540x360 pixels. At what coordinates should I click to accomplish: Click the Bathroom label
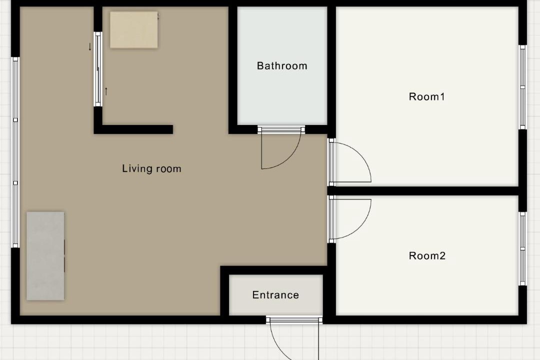click(x=282, y=66)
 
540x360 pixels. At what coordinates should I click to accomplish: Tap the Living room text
click(x=151, y=168)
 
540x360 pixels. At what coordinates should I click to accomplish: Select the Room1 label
click(x=426, y=97)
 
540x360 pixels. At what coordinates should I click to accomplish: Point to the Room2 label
click(x=427, y=255)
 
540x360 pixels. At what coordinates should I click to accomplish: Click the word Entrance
click(x=275, y=295)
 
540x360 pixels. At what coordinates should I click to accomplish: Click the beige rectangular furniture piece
click(x=134, y=30)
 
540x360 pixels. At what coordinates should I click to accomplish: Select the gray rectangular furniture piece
click(x=45, y=256)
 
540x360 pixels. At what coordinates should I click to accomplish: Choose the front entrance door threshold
click(x=294, y=320)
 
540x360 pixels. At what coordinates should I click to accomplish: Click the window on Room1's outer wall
click(x=523, y=87)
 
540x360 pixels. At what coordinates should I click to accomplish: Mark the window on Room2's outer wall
click(x=523, y=248)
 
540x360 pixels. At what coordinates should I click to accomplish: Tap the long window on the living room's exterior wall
click(x=15, y=152)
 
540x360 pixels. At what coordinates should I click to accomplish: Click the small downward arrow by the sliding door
click(x=90, y=47)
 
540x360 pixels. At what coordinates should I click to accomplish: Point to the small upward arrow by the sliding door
click(x=106, y=91)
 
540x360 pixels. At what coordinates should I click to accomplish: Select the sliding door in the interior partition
click(x=98, y=69)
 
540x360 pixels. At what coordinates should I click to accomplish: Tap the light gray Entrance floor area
click(x=276, y=295)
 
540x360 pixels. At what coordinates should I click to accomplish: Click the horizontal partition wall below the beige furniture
click(x=133, y=129)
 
